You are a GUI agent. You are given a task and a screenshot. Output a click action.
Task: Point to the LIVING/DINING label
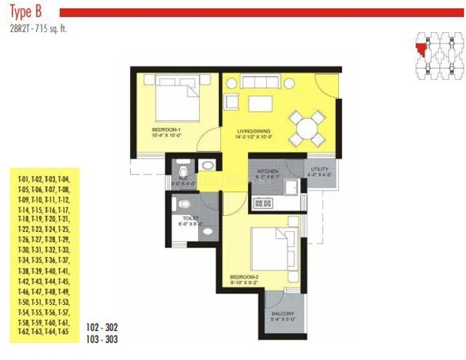255,133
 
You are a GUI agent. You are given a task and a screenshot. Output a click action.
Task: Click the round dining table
304,126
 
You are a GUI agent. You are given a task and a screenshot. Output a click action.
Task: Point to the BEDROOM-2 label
246,277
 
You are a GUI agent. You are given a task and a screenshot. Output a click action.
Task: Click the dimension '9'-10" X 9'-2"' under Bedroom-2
247,283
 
